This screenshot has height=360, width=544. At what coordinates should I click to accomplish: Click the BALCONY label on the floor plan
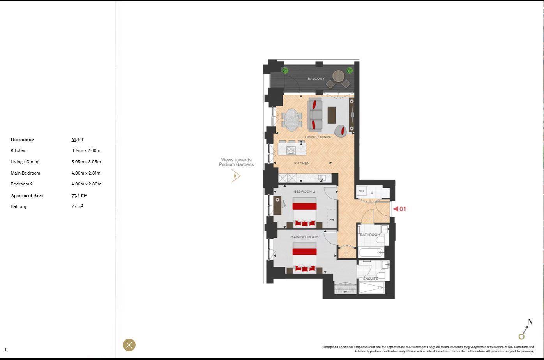tap(316, 79)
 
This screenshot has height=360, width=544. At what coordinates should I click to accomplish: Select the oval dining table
tap(292, 119)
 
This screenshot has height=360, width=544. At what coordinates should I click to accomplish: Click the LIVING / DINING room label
tap(318, 137)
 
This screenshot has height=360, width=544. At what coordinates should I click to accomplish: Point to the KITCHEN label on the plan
tap(302, 163)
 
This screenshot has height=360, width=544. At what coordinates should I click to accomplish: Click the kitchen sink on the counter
tap(321, 178)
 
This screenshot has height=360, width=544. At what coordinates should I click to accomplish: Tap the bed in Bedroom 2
tap(304, 212)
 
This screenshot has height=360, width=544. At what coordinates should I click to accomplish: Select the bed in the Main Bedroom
tap(304, 257)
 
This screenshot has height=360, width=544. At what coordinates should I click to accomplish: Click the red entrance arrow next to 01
tap(396, 209)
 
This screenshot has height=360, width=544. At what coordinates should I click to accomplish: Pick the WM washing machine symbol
tap(361, 191)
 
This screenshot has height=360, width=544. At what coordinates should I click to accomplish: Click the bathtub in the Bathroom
tap(371, 252)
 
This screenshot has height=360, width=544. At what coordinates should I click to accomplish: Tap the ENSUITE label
tap(370, 279)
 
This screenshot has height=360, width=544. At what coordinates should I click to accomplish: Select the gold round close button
tap(129, 345)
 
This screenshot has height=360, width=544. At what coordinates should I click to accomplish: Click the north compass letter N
tap(530, 322)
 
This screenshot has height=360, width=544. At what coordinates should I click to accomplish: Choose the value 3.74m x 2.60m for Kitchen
tap(86, 150)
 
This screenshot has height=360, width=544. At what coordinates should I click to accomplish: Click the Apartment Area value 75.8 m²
tap(79, 195)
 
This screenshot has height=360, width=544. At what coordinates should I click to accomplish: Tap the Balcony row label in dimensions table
tap(19, 206)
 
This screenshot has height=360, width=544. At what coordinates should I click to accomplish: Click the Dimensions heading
tap(23, 139)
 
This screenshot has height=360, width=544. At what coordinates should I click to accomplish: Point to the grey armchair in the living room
tap(340, 131)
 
